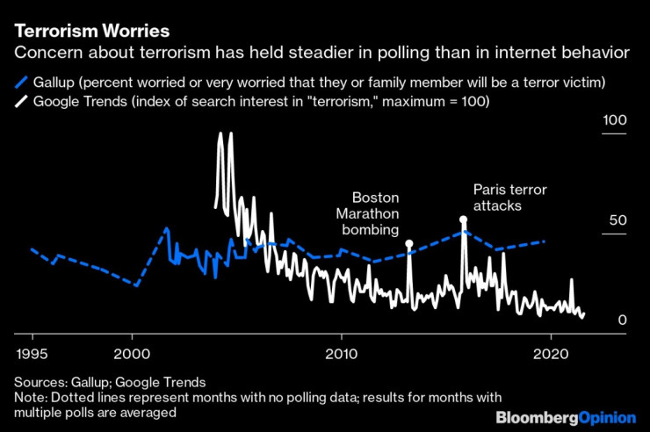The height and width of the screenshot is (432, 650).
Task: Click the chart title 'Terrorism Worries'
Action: click(x=92, y=32)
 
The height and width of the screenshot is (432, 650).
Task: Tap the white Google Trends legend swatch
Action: click(x=21, y=101)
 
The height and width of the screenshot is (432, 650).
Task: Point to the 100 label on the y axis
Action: click(x=614, y=120)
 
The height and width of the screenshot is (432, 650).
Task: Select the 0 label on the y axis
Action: click(x=622, y=320)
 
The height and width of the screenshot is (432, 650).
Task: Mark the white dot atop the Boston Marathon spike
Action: click(x=409, y=242)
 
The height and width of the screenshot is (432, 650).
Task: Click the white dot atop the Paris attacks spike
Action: click(x=463, y=220)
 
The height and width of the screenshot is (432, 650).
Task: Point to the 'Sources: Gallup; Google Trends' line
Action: click(x=110, y=382)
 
